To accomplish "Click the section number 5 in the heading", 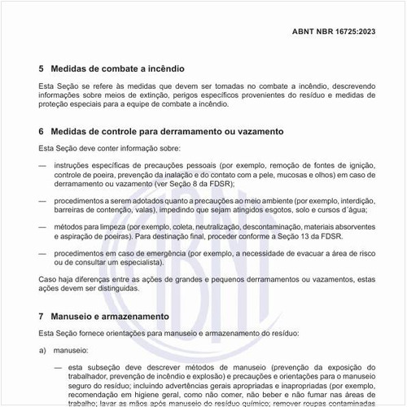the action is (42, 68).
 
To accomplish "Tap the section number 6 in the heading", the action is (42, 131).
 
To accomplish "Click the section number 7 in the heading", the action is (42, 315).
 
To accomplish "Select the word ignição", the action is (352, 164).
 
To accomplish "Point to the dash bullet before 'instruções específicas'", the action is (42, 164).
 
